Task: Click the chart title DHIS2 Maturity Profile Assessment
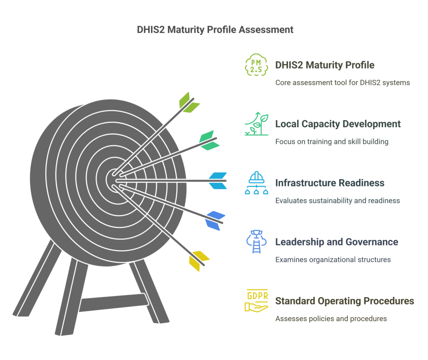coord(215,30)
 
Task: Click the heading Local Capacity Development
coord(338,124)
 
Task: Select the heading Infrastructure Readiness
coord(330,183)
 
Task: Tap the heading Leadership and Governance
coord(336,242)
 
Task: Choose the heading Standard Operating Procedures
coord(344,301)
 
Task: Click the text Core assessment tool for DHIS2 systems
coord(342,83)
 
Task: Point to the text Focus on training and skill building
coord(332,142)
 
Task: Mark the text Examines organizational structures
coord(333,259)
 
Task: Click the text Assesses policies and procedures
coord(331,319)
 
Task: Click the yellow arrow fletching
coord(198,260)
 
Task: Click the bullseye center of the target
coord(113,178)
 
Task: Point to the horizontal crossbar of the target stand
coord(114,303)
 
